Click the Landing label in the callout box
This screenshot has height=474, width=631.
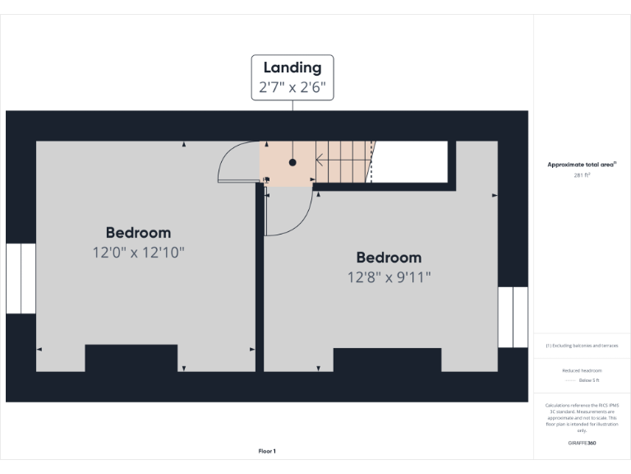click(292, 67)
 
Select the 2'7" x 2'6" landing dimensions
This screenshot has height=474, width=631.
click(292, 87)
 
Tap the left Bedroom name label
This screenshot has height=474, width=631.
click(138, 233)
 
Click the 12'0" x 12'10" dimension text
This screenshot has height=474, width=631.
click(138, 252)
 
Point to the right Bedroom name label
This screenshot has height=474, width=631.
click(389, 258)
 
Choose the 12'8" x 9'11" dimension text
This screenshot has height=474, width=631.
click(389, 277)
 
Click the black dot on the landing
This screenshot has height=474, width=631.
click(292, 163)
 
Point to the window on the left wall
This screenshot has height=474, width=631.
click(21, 278)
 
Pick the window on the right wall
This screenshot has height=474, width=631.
click(513, 317)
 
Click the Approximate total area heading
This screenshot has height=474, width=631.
click(582, 165)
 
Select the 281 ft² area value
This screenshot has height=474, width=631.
click(582, 175)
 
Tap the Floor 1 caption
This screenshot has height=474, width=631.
click(267, 451)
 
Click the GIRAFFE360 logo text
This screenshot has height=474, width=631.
click(582, 444)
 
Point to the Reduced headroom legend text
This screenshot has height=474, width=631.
click(582, 370)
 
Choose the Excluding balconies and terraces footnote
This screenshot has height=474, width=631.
click(582, 346)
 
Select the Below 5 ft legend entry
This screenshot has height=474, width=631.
click(588, 381)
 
